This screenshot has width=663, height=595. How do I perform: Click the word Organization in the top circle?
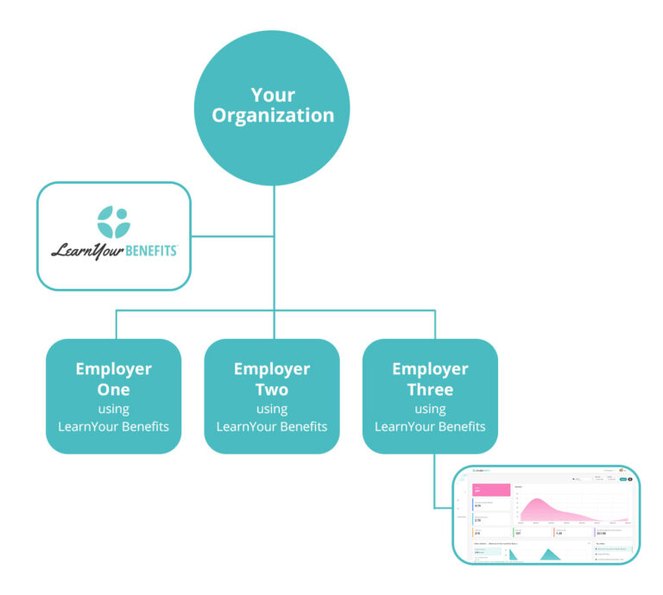pyautogui.click(x=273, y=116)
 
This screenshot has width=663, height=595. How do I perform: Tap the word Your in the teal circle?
pyautogui.click(x=273, y=94)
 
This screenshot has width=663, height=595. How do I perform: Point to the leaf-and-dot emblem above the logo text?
pyautogui.click(x=113, y=222)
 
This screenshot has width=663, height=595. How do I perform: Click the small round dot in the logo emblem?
pyautogui.click(x=121, y=213)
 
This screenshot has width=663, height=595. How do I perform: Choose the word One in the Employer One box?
pyautogui.click(x=113, y=389)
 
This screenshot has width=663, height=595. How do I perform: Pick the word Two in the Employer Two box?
pyautogui.click(x=272, y=389)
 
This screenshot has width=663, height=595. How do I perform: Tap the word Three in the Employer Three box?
pyautogui.click(x=430, y=389)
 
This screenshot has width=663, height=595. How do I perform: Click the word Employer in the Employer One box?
pyautogui.click(x=113, y=369)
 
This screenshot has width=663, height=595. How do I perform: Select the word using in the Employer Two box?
pyautogui.click(x=272, y=409)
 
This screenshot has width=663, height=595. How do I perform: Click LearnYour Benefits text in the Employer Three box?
pyautogui.click(x=430, y=427)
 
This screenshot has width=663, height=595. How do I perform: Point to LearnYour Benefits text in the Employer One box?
pyautogui.click(x=113, y=427)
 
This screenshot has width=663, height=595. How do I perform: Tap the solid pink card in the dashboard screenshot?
pyautogui.click(x=490, y=489)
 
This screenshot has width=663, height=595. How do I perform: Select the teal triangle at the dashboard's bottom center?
pyautogui.click(x=549, y=555)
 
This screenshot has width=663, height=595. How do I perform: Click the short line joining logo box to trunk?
pyautogui.click(x=231, y=235)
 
